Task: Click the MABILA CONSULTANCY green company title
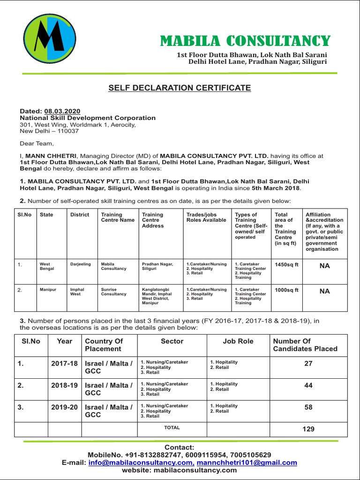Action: (245, 41)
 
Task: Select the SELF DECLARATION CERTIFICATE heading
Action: (180, 88)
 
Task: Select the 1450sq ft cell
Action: (286, 265)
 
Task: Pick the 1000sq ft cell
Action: (286, 290)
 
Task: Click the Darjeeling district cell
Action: (81, 264)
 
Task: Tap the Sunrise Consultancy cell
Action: (114, 292)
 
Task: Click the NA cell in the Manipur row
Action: (324, 291)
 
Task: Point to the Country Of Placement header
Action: (104, 345)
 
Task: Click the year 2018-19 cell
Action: (65, 385)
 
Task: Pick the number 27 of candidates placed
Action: (308, 363)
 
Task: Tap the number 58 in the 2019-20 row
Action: (308, 407)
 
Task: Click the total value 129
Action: (308, 429)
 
